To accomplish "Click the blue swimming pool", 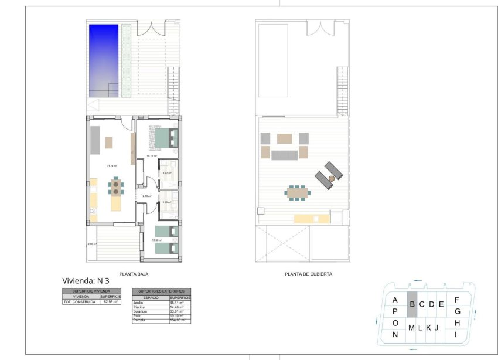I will click(x=103, y=60).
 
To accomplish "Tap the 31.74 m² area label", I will click(x=111, y=166).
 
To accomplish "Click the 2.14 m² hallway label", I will click(x=146, y=196).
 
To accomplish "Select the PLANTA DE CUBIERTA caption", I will click(x=308, y=273).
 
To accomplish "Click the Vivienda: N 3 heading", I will click(x=85, y=281).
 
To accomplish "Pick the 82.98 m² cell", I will click(x=110, y=301).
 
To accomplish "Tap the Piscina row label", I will click(x=139, y=307).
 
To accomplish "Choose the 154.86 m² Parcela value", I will click(x=177, y=320).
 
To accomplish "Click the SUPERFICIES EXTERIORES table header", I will click(x=161, y=291).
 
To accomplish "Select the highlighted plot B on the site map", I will click(x=412, y=304).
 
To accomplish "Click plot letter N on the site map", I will click(x=395, y=335).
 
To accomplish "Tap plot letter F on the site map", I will click(x=456, y=300).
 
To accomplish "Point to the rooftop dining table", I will click(x=297, y=192).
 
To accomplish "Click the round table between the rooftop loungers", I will click(x=331, y=178).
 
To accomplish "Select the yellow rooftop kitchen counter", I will click(x=311, y=218).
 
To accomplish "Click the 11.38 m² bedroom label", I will click(x=157, y=240).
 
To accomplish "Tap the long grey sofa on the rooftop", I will click(x=284, y=154).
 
